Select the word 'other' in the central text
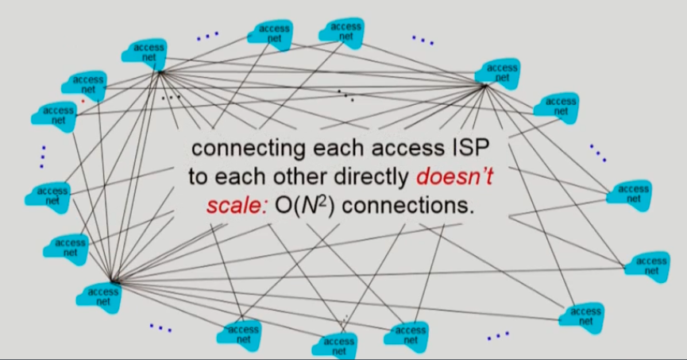(301, 176)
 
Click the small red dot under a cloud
(83, 101)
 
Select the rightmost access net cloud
(651, 265)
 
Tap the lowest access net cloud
(338, 345)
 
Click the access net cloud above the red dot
(87, 84)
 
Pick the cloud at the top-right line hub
(501, 72)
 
